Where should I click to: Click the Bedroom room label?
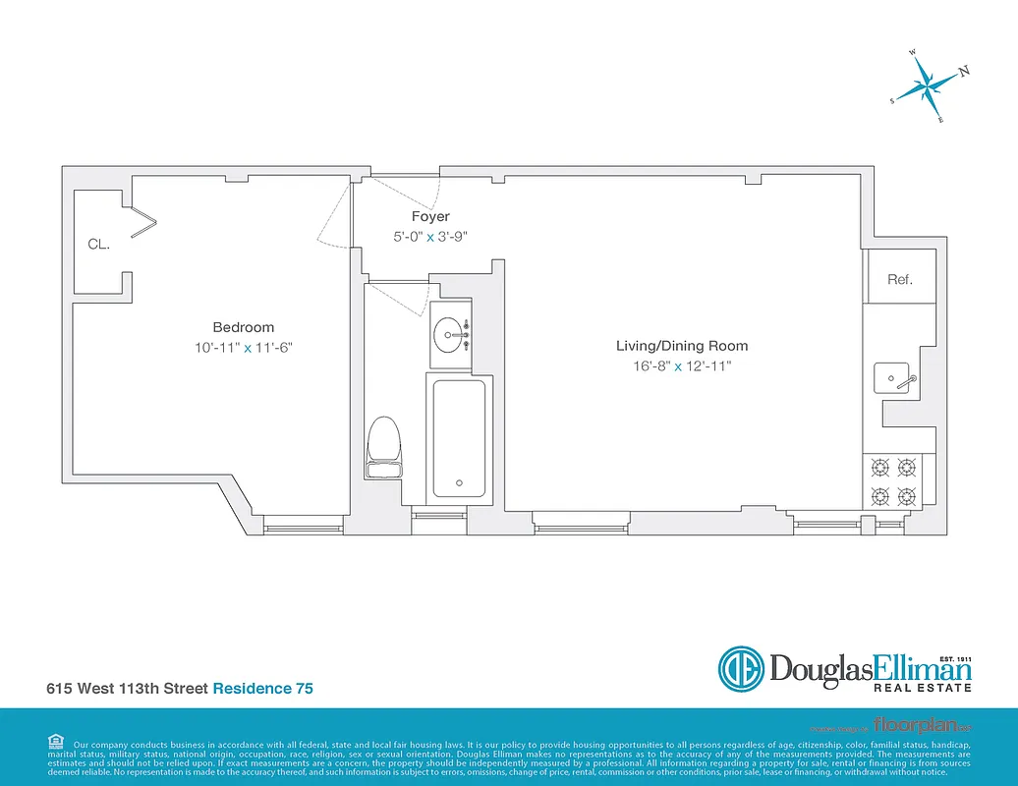(244, 327)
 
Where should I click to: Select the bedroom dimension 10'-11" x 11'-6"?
(244, 347)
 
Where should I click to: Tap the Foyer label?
(430, 216)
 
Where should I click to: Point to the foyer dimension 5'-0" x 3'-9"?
(430, 236)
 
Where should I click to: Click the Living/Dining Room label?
(682, 346)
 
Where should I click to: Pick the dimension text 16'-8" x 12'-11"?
(682, 365)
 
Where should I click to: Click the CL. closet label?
(98, 245)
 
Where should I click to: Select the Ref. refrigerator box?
(899, 278)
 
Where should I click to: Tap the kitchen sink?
(896, 376)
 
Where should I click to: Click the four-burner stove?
(893, 480)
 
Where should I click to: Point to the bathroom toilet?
(384, 447)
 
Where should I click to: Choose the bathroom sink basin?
(452, 336)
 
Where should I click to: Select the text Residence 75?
(263, 689)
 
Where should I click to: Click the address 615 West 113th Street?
(127, 689)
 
